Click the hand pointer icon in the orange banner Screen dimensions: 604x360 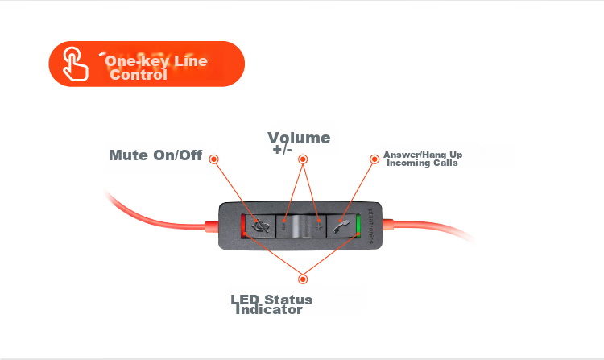75,64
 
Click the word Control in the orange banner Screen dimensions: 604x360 139,74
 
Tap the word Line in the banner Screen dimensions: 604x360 191,61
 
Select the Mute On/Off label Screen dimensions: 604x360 155,155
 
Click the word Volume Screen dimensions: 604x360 299,138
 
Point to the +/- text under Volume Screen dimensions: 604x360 283,149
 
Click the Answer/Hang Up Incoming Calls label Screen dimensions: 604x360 423,159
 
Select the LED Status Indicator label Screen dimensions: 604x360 271,305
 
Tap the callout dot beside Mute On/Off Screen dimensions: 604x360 213,159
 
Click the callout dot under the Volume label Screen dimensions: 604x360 303,159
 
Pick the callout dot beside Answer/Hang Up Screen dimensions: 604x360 374,159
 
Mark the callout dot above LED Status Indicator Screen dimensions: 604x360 303,279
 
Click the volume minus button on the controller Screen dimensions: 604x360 284,226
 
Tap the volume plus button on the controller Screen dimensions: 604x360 319,226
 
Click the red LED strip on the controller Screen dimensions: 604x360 243,226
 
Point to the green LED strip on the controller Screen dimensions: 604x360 358,226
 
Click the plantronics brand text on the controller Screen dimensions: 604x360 370,226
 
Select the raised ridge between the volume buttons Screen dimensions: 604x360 301,226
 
